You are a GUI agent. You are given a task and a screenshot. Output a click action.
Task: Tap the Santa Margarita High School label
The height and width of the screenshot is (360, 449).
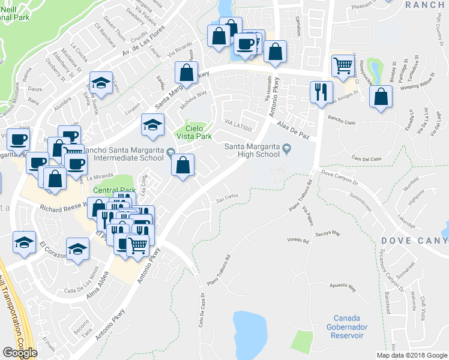click(x=252, y=149)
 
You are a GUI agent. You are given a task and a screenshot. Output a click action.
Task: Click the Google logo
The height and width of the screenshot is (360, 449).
click(x=20, y=353)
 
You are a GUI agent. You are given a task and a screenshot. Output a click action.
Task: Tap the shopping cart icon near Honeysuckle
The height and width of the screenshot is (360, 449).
click(x=343, y=65)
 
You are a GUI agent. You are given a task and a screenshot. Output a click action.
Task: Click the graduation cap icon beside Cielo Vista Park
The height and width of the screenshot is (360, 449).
click(x=152, y=125)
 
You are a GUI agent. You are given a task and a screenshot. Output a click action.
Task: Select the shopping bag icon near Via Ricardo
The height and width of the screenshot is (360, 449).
click(x=187, y=73)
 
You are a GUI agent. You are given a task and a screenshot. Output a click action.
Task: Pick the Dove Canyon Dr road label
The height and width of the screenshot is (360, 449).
click(x=339, y=174)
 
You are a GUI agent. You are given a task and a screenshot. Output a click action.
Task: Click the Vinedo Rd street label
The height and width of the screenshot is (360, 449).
click(x=297, y=241)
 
